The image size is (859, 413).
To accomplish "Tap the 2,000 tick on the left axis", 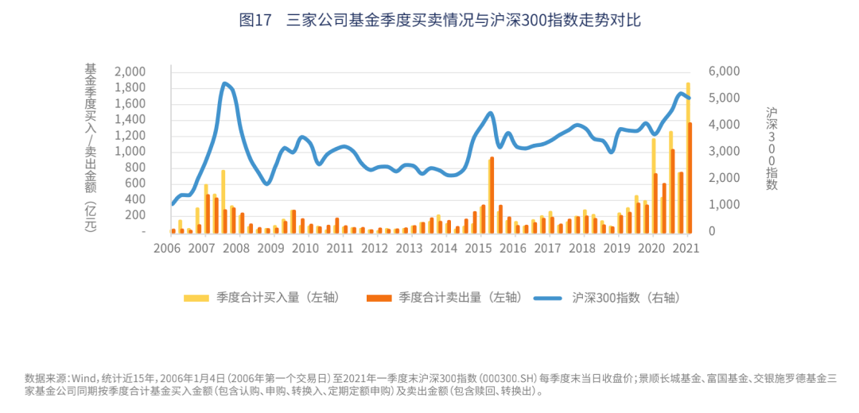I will click(130, 71).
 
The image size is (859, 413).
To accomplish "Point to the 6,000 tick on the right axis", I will click(724, 71).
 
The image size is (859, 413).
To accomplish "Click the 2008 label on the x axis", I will click(237, 248).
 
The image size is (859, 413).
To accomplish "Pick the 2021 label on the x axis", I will click(686, 248).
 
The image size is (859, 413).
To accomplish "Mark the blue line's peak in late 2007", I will click(225, 83).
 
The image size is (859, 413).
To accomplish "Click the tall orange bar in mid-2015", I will click(492, 195).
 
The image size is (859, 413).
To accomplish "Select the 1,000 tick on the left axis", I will click(130, 152).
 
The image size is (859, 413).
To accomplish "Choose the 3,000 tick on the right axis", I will click(724, 152).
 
